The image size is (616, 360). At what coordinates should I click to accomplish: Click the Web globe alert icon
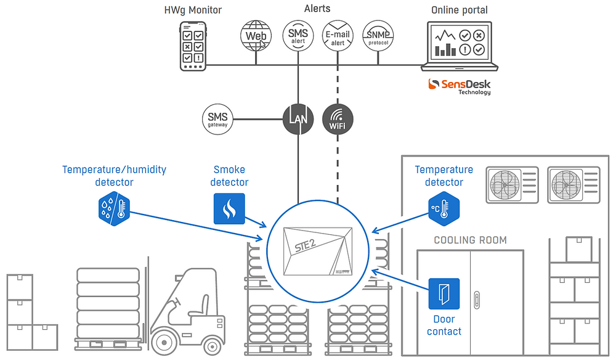click(x=256, y=36)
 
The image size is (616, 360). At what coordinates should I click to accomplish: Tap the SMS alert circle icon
click(x=298, y=36)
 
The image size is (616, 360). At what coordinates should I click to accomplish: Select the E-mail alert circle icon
click(x=338, y=36)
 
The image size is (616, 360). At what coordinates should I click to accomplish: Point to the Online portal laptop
click(x=460, y=46)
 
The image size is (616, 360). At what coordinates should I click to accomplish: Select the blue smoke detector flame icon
click(x=229, y=209)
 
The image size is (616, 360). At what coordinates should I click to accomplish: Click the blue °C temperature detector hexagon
click(x=444, y=208)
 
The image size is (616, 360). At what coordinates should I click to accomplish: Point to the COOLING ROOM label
click(x=471, y=240)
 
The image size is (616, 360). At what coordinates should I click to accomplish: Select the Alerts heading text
click(x=317, y=9)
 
